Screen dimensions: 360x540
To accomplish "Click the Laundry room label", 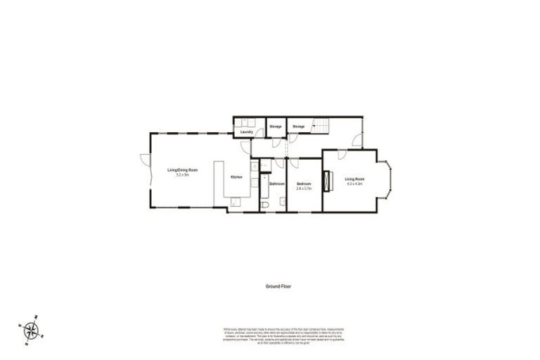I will tap(246, 131).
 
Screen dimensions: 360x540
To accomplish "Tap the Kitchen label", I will tap(238, 176).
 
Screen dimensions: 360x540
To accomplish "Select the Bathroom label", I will tap(276, 184).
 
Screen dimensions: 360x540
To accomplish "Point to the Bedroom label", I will tap(304, 184).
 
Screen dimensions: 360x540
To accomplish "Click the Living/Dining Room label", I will tap(182, 170).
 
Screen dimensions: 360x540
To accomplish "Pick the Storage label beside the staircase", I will tap(299, 127).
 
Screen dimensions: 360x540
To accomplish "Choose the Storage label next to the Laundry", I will tap(276, 127).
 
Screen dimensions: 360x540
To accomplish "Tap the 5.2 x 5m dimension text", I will tap(182, 175).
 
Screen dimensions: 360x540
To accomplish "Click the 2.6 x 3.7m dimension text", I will tap(304, 188).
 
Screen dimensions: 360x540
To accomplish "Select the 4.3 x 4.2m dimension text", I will tap(354, 184).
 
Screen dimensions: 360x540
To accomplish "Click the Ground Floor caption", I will tap(278, 287).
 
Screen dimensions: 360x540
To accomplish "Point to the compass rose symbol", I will tap(32, 328).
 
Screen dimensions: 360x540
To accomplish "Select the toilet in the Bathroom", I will tap(268, 204).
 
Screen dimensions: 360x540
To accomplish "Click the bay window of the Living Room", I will tap(389, 179).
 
